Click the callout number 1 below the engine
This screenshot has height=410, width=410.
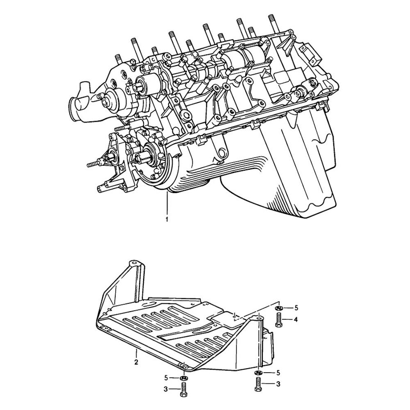(x=167, y=219)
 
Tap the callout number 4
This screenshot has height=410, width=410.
(x=296, y=319)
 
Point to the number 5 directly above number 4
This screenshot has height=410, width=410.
(x=296, y=308)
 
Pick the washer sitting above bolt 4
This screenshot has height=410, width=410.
(x=278, y=308)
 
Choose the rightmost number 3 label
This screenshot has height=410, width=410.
(x=278, y=384)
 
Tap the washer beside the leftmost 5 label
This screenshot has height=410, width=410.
(x=183, y=378)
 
